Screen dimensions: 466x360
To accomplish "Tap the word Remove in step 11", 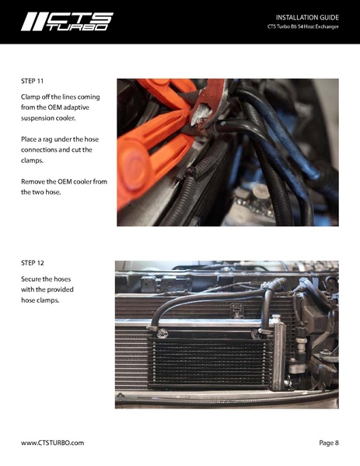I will tap(35, 180).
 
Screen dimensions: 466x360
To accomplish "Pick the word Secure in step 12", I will tap(33, 279).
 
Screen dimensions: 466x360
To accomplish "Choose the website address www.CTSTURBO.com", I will tap(52, 443).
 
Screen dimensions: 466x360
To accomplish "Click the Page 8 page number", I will tap(328, 443).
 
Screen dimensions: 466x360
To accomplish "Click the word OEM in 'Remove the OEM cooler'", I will tap(73, 180).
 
